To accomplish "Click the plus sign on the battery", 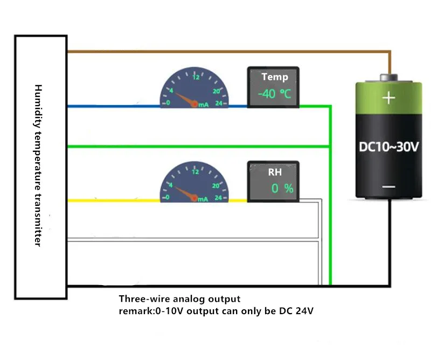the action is click(x=389, y=98).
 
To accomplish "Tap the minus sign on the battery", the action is click(x=389, y=186).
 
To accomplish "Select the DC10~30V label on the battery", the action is click(x=389, y=147).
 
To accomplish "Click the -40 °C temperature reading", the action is click(x=274, y=94).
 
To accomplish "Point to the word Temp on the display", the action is click(x=275, y=77).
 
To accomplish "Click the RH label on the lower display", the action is click(x=275, y=172).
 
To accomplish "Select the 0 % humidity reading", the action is click(x=282, y=189).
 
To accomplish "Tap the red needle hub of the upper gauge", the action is click(x=194, y=104).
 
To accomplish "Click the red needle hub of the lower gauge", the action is click(x=194, y=198).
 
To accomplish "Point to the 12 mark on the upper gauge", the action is click(x=196, y=77).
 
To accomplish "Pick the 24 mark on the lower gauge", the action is click(x=219, y=198).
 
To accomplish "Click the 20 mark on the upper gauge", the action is click(x=216, y=91).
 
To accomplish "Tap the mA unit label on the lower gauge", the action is click(x=203, y=199).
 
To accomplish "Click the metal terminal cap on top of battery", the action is click(x=389, y=78).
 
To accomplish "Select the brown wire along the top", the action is click(x=229, y=52).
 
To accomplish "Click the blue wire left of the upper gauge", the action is click(x=114, y=106).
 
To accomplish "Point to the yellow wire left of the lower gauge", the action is click(x=114, y=200).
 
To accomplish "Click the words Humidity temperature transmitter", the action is click(x=38, y=165).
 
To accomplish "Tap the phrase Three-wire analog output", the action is click(x=179, y=299).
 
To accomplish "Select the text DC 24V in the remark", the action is click(x=296, y=310).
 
